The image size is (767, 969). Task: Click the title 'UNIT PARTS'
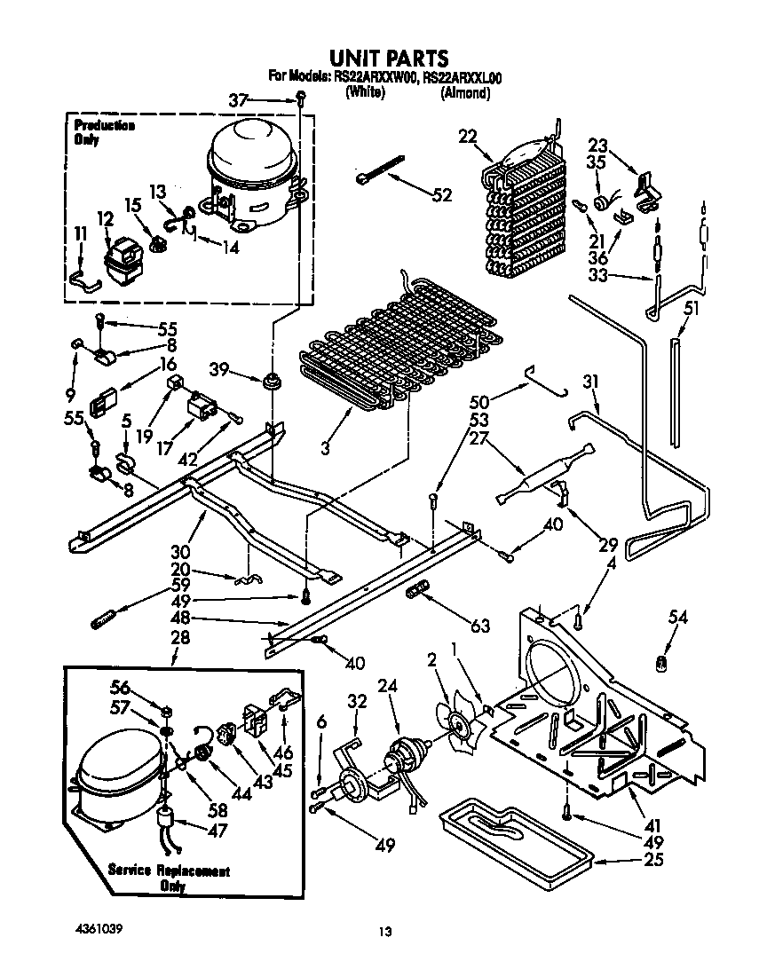[x=384, y=59]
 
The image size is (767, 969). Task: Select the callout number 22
[x=468, y=136]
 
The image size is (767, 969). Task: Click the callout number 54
[x=678, y=617]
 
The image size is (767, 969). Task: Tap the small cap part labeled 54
[x=660, y=662]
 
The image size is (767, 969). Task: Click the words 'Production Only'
[x=104, y=132]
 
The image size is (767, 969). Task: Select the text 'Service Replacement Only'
[x=168, y=878]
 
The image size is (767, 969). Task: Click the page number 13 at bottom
[x=384, y=932]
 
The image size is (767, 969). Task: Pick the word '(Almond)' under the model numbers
[x=465, y=92]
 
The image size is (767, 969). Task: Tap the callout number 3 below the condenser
[x=325, y=450]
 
